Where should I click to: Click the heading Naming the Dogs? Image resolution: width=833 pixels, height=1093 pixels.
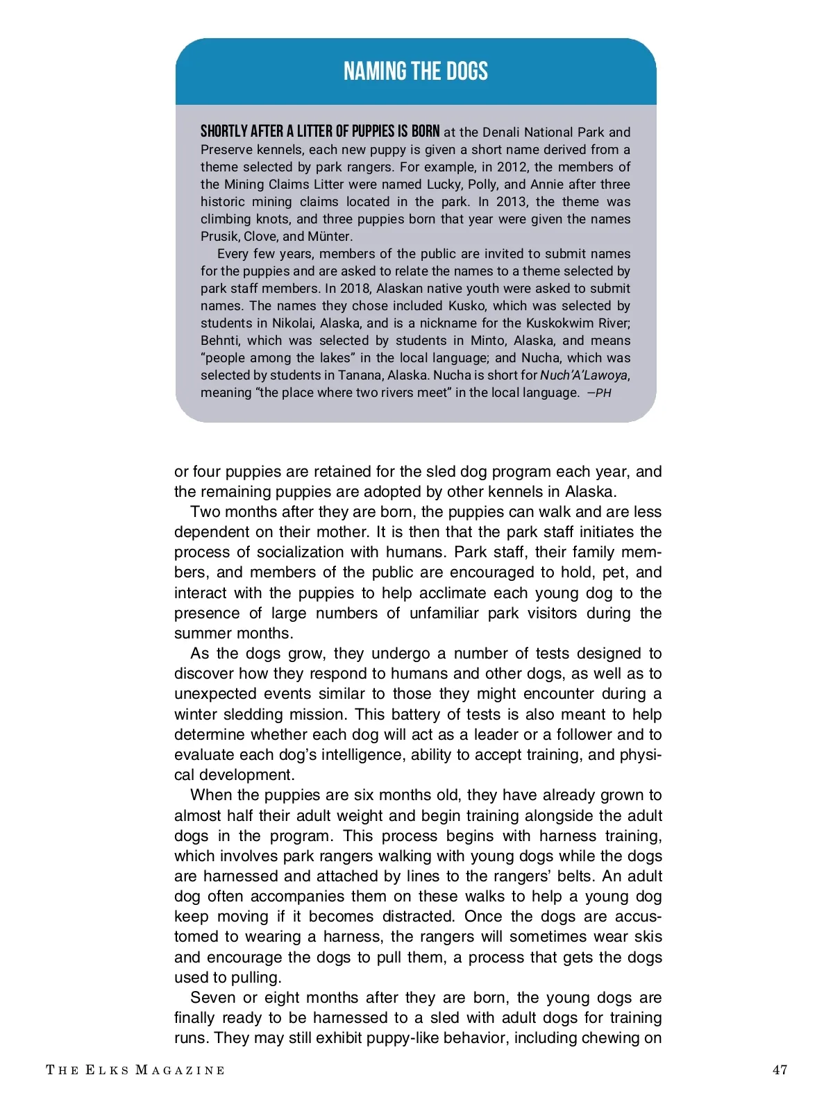[x=416, y=71]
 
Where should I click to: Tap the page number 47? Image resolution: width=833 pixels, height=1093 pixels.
[x=780, y=1069]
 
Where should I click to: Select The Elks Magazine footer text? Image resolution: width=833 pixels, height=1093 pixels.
[x=135, y=1070]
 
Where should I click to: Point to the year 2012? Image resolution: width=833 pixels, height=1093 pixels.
[x=511, y=167]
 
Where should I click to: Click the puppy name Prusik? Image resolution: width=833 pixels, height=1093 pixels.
[x=219, y=237]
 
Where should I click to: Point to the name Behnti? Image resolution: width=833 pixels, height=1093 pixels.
[x=220, y=341]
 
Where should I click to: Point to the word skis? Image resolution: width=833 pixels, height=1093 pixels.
[x=648, y=937]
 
